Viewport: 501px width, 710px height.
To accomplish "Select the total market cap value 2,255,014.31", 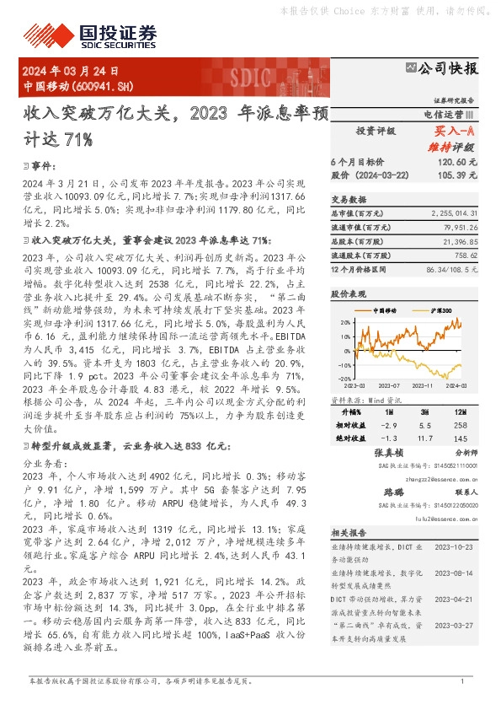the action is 453,215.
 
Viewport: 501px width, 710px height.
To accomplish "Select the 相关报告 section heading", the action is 346,533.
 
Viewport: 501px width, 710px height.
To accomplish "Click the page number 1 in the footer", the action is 462,681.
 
